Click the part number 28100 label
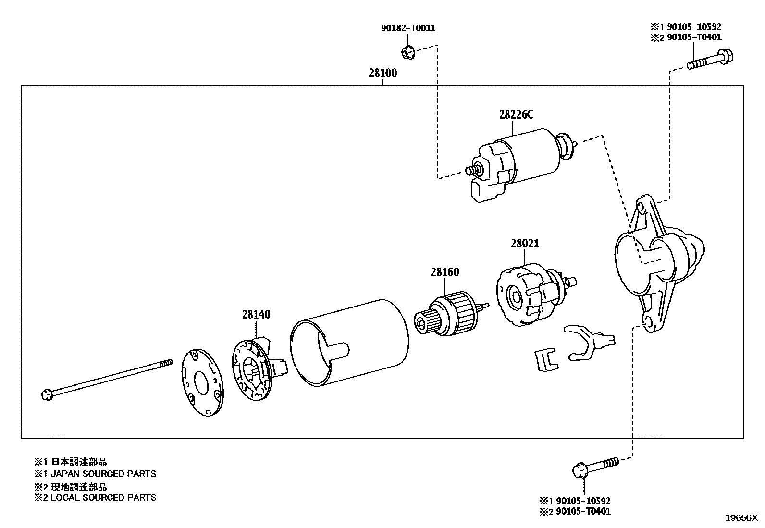pos(382,73)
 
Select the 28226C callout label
pos(516,115)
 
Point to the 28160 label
pos(444,272)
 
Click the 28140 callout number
pos(256,315)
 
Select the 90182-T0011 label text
pos(408,28)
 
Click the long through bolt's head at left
pos(46,395)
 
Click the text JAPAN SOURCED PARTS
pos(103,474)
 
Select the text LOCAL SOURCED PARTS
pos(103,498)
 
